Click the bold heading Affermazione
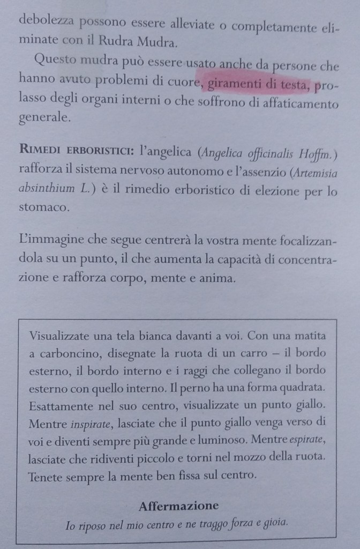[x=178, y=506]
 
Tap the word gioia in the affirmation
[x=276, y=522]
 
